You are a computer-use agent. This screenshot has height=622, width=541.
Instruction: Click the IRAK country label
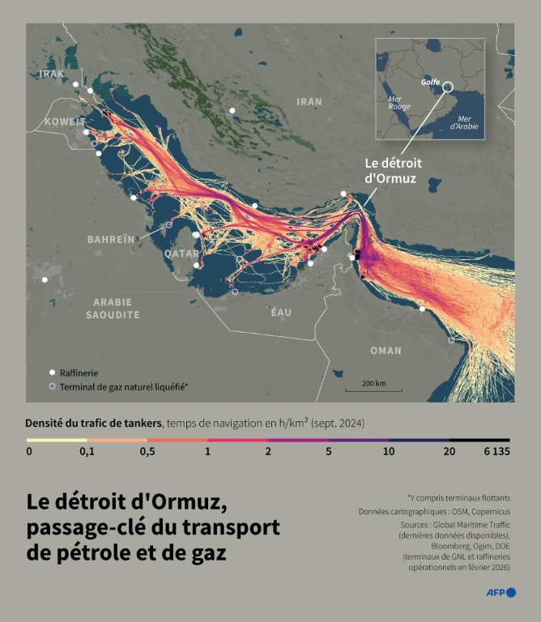click(x=51, y=74)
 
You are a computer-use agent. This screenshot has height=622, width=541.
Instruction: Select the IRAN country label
click(x=309, y=102)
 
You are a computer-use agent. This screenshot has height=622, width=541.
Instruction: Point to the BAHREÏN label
click(x=111, y=240)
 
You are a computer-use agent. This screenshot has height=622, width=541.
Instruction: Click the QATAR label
click(x=181, y=253)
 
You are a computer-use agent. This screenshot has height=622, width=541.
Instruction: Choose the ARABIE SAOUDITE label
click(x=116, y=308)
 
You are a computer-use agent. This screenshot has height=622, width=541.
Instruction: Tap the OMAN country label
click(x=385, y=351)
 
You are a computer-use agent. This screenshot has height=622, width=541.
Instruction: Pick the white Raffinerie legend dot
click(x=53, y=373)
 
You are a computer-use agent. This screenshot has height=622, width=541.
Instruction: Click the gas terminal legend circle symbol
click(x=53, y=387)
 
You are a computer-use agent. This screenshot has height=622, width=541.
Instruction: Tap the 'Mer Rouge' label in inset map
click(x=399, y=103)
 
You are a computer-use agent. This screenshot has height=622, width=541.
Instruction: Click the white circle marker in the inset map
click(x=448, y=85)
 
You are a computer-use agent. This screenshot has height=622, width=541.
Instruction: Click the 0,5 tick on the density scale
click(x=147, y=451)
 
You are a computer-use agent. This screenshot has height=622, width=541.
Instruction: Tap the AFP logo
click(x=500, y=593)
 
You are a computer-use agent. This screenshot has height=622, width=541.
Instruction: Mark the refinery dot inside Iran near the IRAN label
click(x=232, y=110)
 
